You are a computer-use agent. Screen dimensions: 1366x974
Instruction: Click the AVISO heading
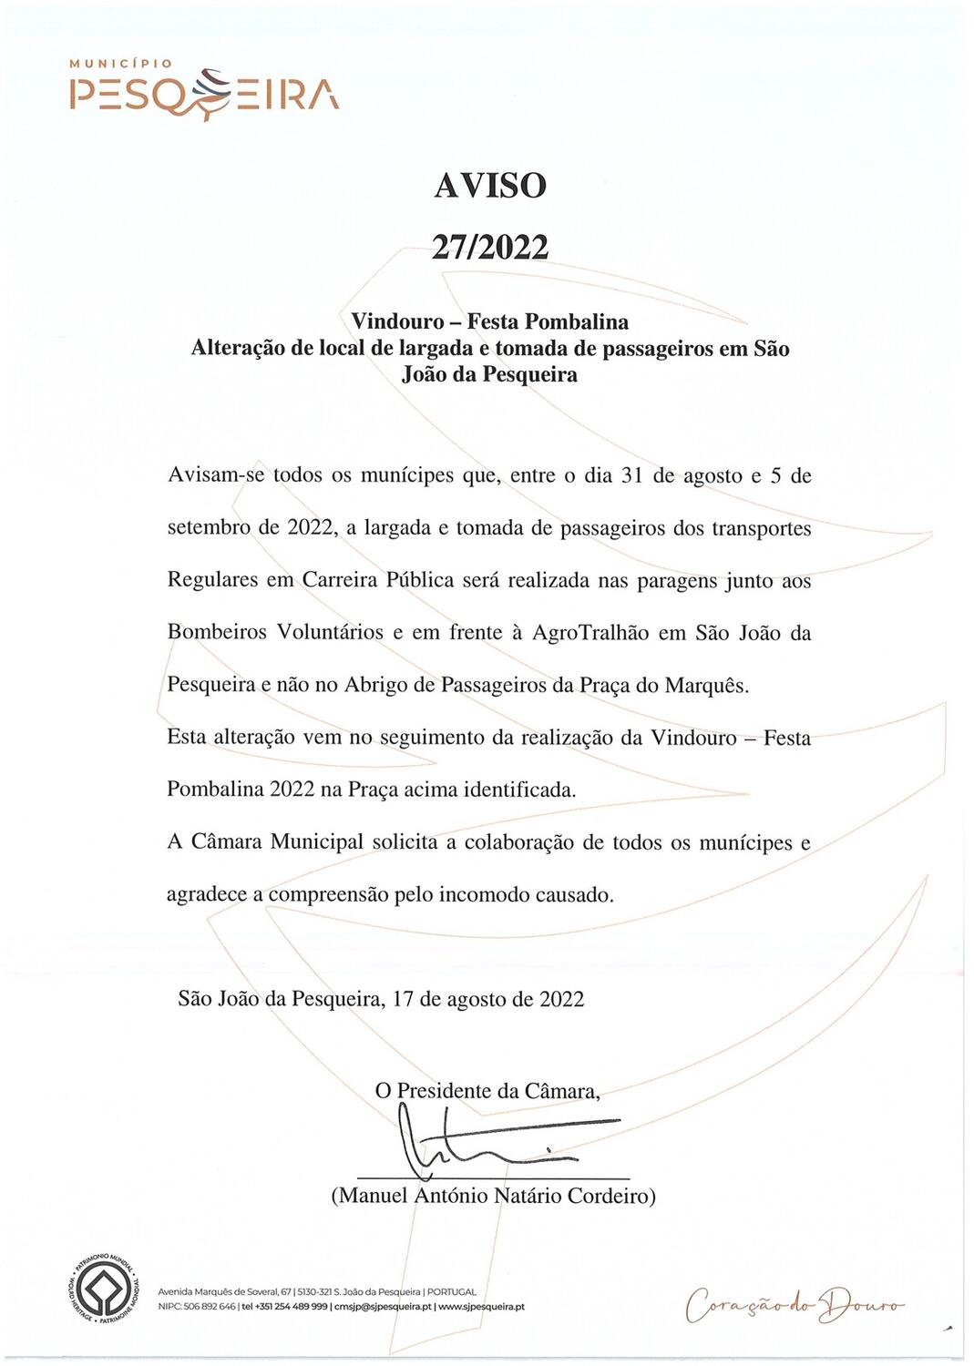(x=490, y=186)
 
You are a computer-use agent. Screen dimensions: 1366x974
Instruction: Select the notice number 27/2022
(x=490, y=247)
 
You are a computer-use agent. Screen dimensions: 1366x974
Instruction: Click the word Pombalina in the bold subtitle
(x=577, y=321)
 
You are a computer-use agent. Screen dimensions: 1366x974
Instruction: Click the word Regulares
(x=213, y=581)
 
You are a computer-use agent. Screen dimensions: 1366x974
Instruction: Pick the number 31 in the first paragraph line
(x=632, y=476)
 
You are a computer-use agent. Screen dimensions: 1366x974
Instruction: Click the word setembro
(x=209, y=528)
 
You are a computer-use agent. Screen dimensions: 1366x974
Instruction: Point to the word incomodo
(x=484, y=895)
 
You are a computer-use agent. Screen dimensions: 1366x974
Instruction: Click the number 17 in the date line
(x=403, y=999)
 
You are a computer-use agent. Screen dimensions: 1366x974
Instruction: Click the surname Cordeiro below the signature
(x=611, y=1196)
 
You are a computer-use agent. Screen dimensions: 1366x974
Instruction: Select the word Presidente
(x=444, y=1091)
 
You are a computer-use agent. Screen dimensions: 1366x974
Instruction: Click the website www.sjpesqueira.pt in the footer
(x=481, y=1307)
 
